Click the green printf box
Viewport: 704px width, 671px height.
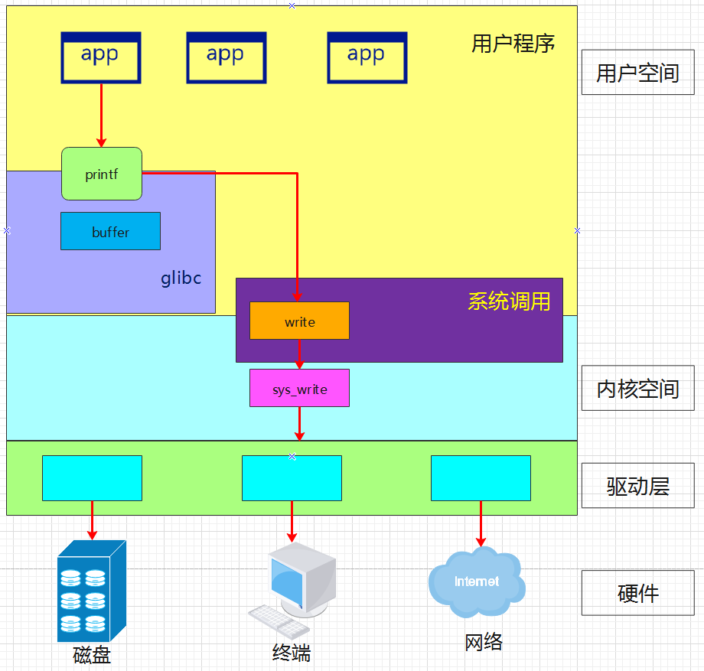[102, 174]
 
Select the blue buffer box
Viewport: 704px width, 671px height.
[110, 231]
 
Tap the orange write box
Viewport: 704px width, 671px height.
[299, 321]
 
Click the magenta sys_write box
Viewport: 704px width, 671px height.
[299, 388]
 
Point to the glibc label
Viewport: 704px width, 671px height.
[181, 278]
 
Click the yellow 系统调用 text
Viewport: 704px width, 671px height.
[509, 301]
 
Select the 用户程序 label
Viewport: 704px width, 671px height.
[513, 44]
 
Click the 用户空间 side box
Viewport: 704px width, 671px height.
[637, 73]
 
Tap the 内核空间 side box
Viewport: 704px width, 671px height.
[637, 389]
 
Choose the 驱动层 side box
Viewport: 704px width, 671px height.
[637, 486]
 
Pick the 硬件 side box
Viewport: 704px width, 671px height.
[637, 593]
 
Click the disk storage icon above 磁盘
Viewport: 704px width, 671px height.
[91, 591]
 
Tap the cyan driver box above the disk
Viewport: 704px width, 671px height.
[92, 478]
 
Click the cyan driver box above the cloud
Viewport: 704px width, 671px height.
[481, 478]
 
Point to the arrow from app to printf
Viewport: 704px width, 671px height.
[101, 115]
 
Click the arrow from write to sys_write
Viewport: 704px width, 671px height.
[299, 354]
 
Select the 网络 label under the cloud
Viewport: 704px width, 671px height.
[484, 642]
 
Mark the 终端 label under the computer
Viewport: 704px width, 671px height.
[292, 653]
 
